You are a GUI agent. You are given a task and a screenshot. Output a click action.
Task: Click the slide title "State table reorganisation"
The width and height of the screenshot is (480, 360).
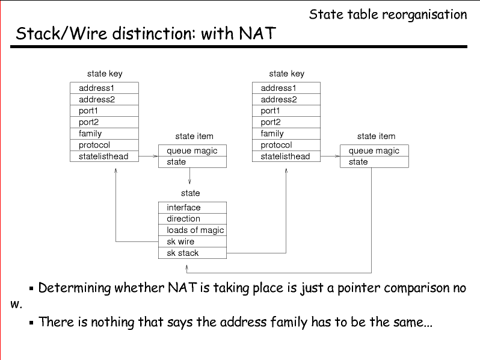(x=388, y=14)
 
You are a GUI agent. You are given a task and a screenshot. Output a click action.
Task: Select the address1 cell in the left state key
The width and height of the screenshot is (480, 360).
(x=104, y=88)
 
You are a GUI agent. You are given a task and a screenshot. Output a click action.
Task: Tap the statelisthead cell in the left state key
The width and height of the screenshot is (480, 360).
(x=104, y=157)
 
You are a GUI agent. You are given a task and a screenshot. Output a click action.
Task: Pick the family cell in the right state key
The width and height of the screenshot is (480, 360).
(x=286, y=134)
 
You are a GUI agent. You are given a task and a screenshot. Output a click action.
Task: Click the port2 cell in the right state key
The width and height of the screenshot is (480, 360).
(x=286, y=122)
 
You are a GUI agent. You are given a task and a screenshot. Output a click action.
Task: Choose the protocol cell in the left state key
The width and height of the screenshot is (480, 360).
(x=104, y=145)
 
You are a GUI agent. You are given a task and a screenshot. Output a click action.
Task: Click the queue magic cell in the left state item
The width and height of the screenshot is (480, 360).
(x=192, y=151)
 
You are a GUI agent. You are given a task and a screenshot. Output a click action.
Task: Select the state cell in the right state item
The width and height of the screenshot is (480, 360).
(x=374, y=162)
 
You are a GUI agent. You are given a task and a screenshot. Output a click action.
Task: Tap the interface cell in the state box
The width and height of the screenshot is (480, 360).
(x=192, y=208)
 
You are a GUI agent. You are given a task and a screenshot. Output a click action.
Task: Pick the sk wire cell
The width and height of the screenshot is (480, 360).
(x=192, y=242)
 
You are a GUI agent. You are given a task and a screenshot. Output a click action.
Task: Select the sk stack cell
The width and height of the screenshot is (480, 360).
(x=192, y=253)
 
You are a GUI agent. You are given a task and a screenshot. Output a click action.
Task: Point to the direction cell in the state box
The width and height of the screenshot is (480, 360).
(x=192, y=219)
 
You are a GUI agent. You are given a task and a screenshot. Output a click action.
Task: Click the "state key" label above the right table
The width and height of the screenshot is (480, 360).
(x=286, y=73)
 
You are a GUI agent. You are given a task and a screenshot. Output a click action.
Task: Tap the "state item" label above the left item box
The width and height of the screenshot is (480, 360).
(x=194, y=137)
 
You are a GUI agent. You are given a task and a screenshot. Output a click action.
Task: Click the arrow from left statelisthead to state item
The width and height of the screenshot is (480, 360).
(x=148, y=157)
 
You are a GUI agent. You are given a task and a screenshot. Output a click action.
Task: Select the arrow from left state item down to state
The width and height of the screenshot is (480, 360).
(x=190, y=176)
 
